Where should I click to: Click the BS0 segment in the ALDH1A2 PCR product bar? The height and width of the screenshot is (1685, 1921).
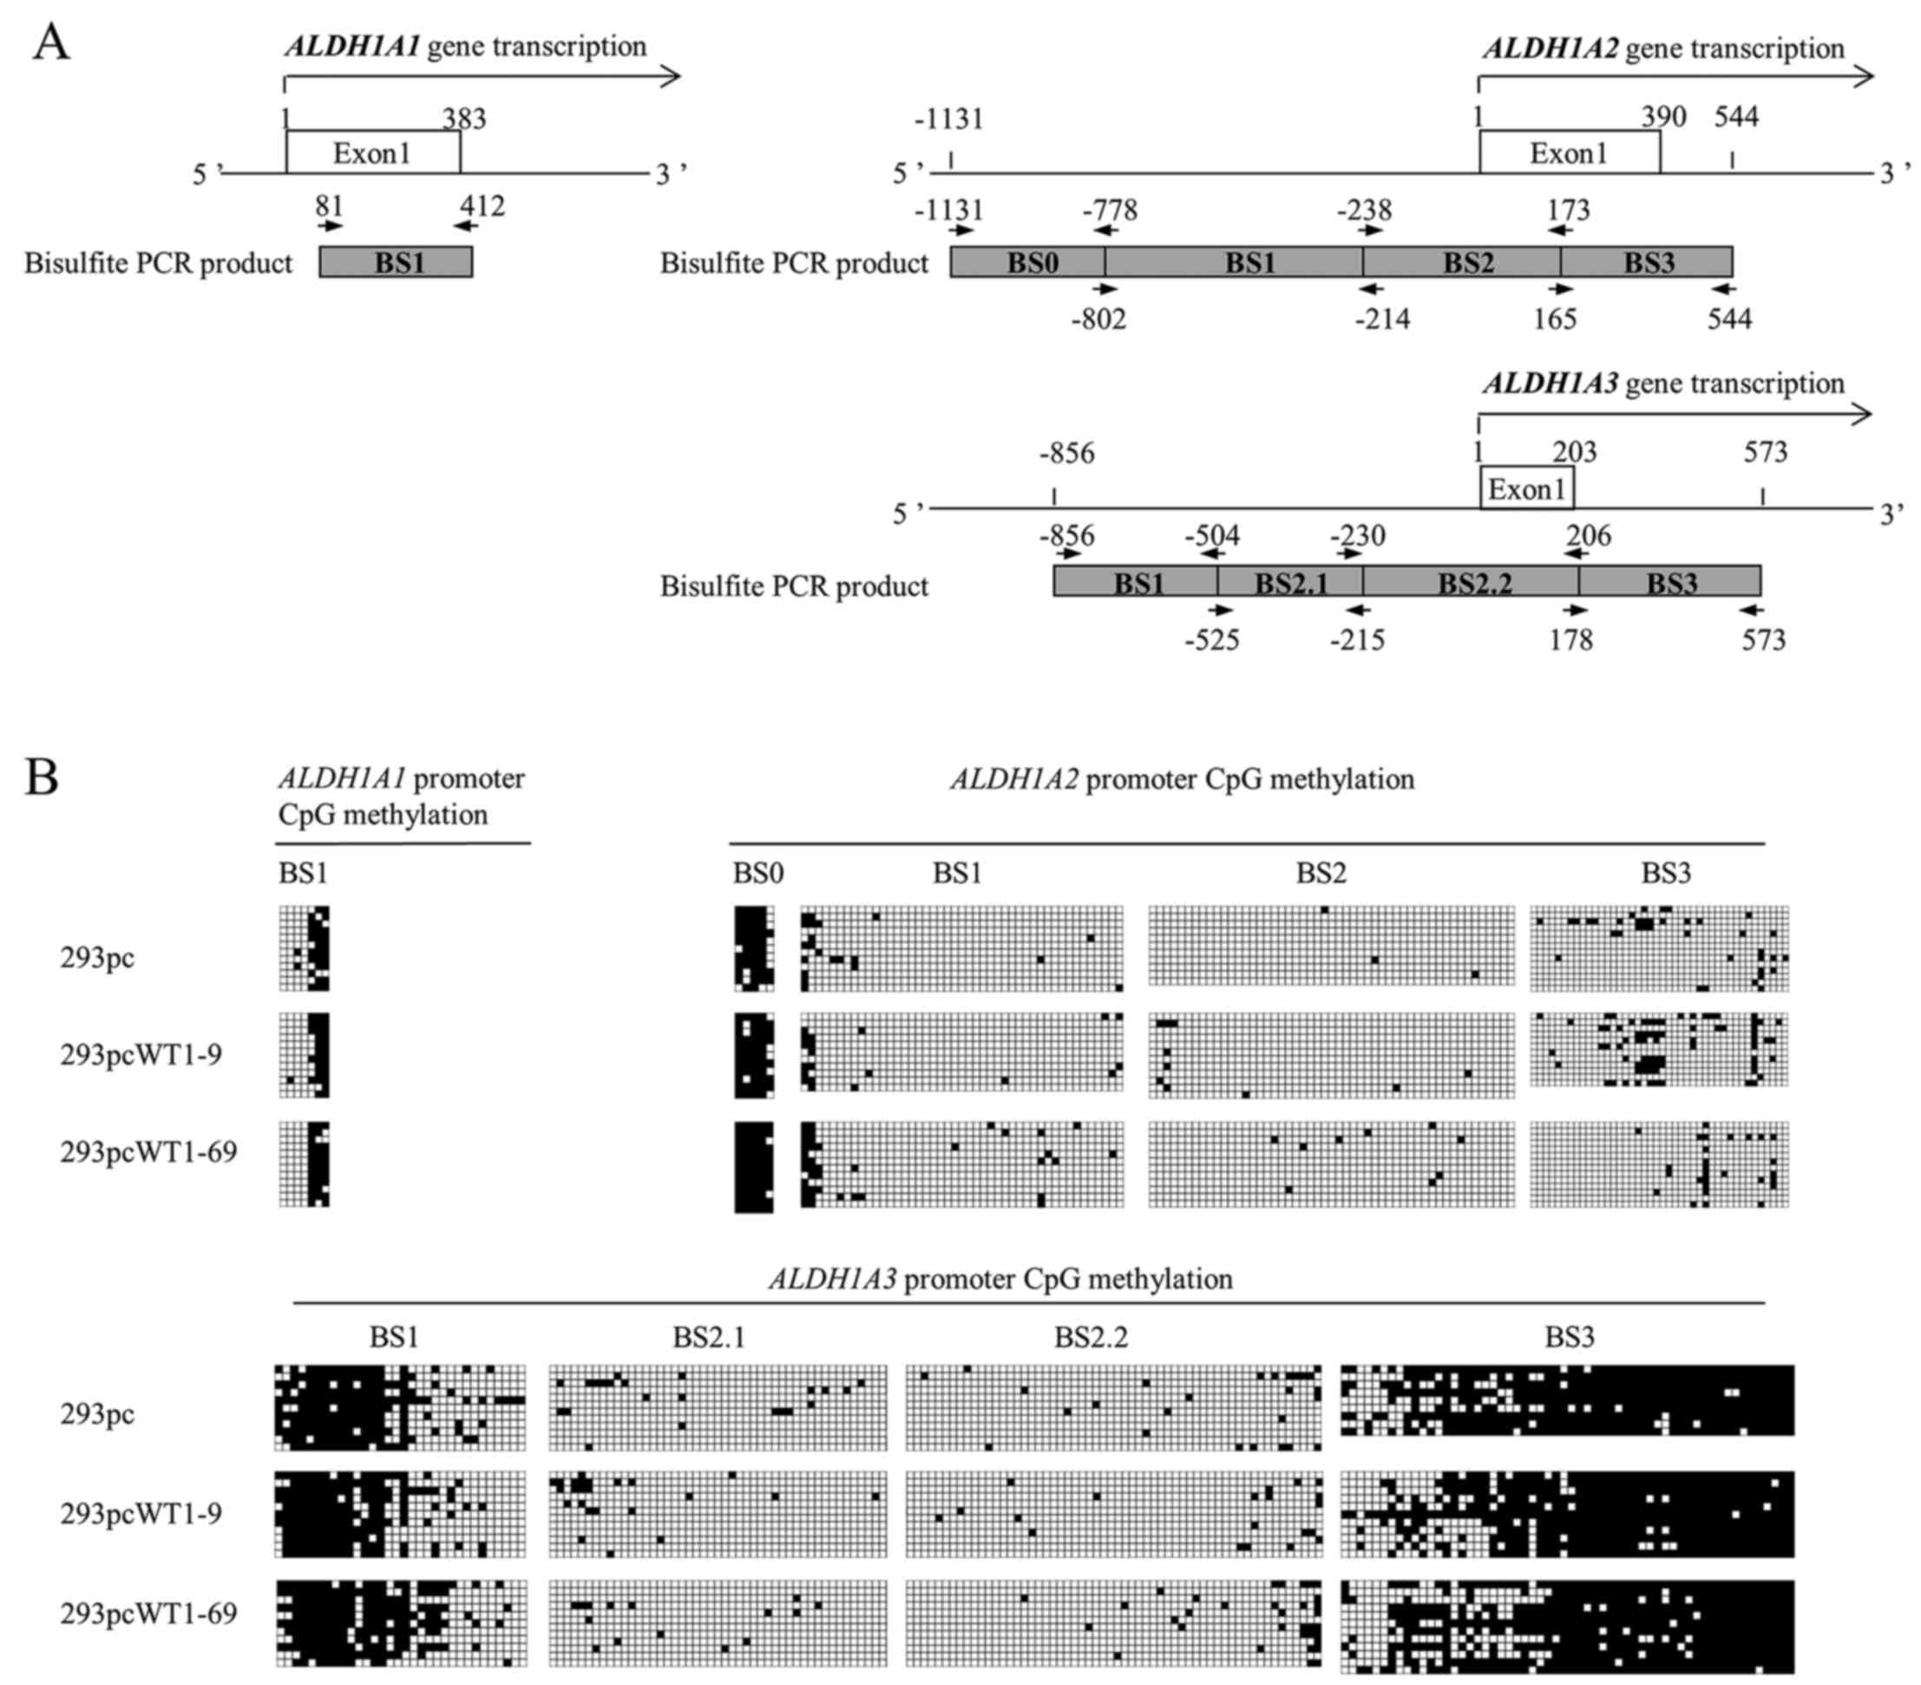(x=1028, y=262)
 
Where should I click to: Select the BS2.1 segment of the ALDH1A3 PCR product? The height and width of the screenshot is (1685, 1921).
(x=1290, y=583)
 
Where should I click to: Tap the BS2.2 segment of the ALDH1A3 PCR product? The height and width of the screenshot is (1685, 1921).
(x=1472, y=583)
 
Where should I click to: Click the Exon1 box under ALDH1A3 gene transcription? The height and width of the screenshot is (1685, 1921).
(x=1526, y=488)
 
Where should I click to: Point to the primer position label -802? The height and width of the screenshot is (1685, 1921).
(x=1098, y=319)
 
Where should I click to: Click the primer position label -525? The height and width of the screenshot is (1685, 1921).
(x=1211, y=640)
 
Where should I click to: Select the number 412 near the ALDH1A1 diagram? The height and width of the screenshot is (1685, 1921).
(x=482, y=206)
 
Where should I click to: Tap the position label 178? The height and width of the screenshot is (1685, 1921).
(x=1570, y=640)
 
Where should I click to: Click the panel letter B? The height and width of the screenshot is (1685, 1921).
(x=42, y=777)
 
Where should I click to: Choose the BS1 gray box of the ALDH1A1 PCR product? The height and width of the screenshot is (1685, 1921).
(x=396, y=262)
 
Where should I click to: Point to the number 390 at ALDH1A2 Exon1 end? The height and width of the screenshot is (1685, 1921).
(x=1663, y=117)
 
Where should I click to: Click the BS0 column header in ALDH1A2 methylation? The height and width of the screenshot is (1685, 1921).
(x=757, y=873)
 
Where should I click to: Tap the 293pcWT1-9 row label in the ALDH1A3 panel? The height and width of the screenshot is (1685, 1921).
(x=141, y=1514)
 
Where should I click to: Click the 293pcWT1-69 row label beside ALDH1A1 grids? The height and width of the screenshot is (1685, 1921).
(x=148, y=1151)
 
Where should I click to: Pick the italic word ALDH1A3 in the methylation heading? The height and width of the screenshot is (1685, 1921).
(x=832, y=1279)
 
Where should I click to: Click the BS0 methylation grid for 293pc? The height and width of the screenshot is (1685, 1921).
(x=754, y=948)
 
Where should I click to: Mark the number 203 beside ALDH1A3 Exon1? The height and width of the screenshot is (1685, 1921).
(x=1574, y=452)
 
